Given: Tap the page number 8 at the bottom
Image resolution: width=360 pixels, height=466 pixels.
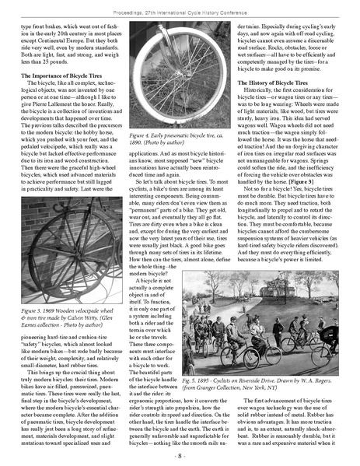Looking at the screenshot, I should click(x=180, y=456).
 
